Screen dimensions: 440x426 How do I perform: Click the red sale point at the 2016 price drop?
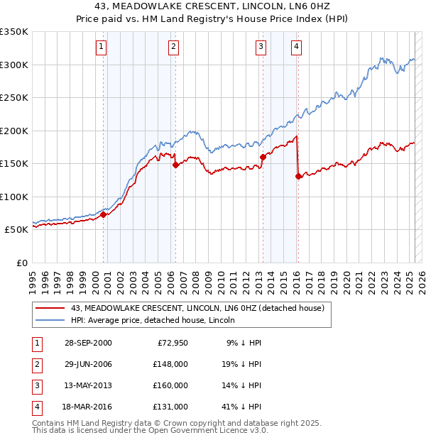point(299,177)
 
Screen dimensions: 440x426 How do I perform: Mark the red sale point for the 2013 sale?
point(263,157)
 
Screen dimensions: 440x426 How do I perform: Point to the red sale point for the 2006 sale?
point(175,165)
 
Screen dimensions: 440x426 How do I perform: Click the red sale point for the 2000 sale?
point(104,214)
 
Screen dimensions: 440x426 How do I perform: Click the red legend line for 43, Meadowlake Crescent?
point(50,308)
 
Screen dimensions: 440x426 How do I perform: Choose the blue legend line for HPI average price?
point(50,320)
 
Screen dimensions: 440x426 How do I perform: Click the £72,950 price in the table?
point(170,343)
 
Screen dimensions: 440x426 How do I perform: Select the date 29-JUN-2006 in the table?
point(87,364)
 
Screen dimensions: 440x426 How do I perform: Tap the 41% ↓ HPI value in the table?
point(243,407)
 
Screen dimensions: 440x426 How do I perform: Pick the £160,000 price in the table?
point(170,385)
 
